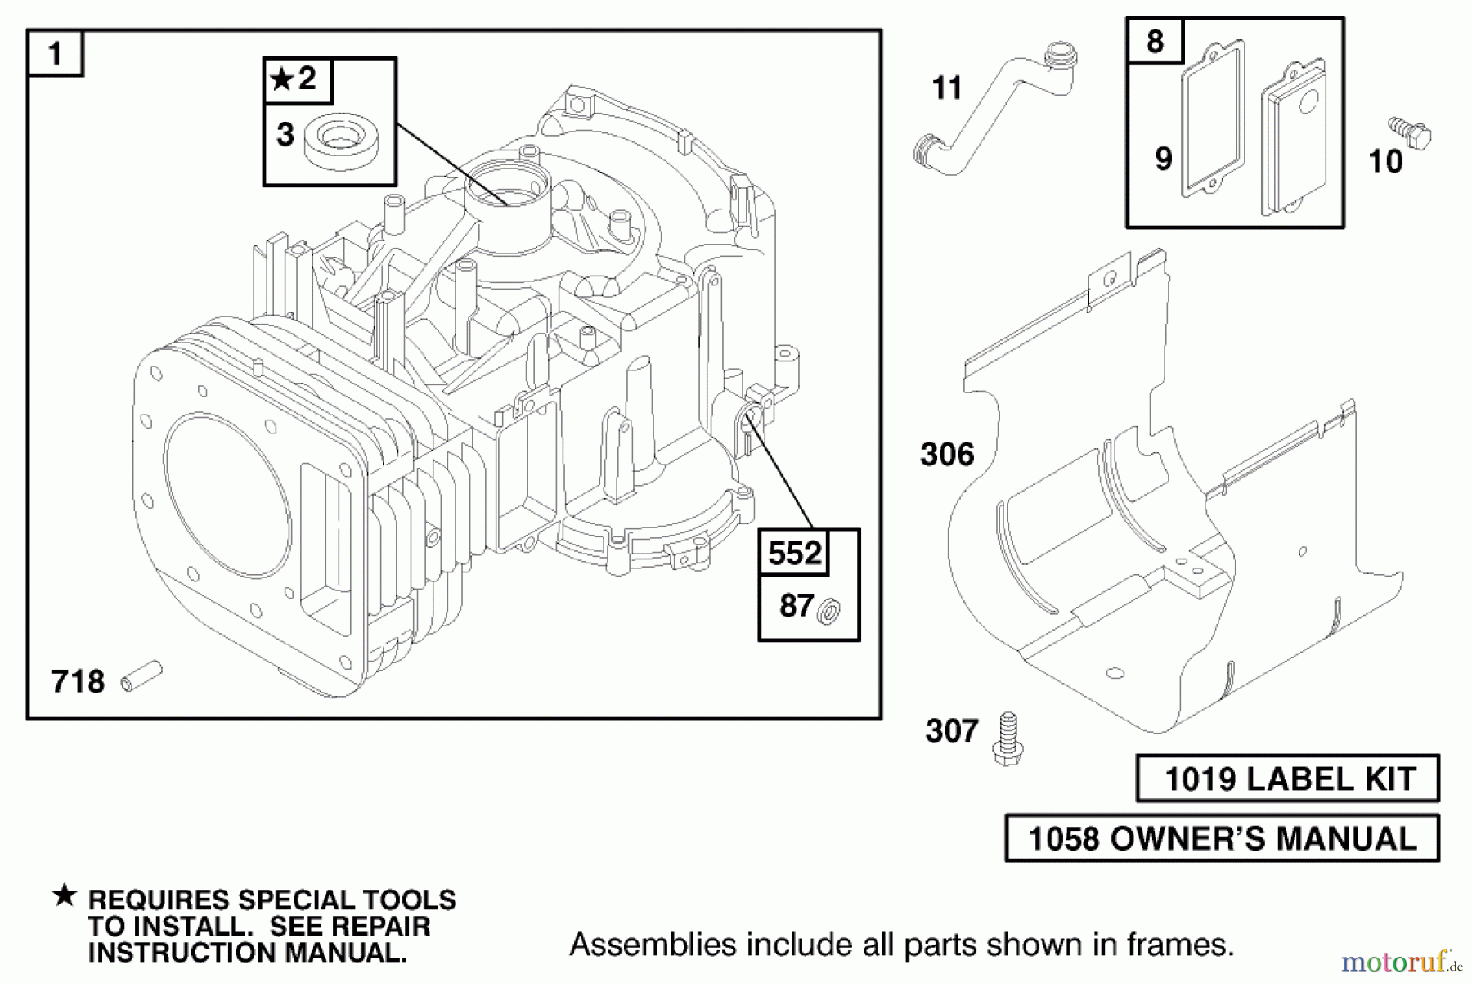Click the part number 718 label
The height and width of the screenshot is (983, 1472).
point(78,681)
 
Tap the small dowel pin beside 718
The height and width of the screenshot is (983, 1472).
point(141,677)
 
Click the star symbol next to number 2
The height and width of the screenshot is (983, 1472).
point(281,79)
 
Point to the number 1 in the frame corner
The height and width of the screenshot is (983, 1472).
point(55,54)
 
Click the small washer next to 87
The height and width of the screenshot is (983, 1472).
point(829,610)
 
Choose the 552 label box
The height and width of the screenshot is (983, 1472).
point(794,554)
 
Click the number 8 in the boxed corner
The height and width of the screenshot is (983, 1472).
point(1154,41)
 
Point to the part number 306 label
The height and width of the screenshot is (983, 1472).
point(947,455)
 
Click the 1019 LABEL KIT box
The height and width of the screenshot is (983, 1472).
point(1287,779)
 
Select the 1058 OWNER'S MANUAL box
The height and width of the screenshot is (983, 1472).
point(1222,838)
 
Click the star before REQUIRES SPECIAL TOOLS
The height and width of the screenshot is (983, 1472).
point(65,896)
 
